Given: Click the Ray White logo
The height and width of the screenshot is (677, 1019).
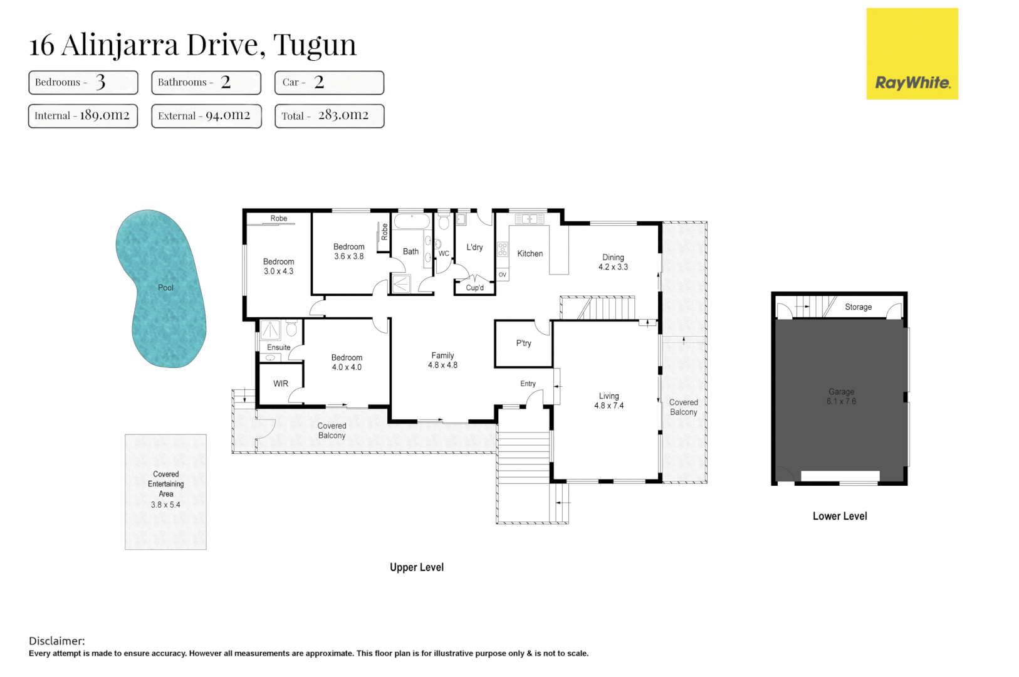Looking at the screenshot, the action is point(912,54).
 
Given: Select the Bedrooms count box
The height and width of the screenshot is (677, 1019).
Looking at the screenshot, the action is point(83,82).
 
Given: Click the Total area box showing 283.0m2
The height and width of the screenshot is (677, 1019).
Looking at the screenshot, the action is point(330,116).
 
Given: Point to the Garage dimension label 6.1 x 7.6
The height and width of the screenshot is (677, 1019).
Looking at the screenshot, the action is point(841,401).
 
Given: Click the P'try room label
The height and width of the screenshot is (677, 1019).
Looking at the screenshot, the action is point(524,343).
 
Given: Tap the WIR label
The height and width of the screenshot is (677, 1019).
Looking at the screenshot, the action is point(281,384).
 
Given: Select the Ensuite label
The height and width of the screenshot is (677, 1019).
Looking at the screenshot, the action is point(278,347).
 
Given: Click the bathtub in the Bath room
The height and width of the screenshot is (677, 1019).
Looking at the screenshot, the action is point(412,221).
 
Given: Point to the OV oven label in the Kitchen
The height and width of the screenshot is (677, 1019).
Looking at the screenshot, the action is point(502,275).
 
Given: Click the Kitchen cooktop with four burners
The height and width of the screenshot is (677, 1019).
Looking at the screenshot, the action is point(503,249).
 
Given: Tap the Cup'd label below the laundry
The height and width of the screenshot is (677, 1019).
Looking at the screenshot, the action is point(475,288).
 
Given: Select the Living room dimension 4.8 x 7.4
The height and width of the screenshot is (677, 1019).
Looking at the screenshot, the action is point(609,406).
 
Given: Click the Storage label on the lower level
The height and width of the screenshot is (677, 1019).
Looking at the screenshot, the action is point(859,307).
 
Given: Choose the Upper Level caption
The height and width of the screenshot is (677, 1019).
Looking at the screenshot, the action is point(417,567).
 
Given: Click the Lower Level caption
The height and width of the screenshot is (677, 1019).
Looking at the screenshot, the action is point(840,516).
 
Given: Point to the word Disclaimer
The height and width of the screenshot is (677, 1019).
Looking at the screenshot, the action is point(57,641).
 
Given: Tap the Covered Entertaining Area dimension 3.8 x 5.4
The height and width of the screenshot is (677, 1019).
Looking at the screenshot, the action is point(165,505).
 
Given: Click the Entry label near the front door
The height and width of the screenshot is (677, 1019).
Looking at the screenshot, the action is point(528,384).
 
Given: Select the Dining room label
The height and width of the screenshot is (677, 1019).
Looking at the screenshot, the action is point(614,258).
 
